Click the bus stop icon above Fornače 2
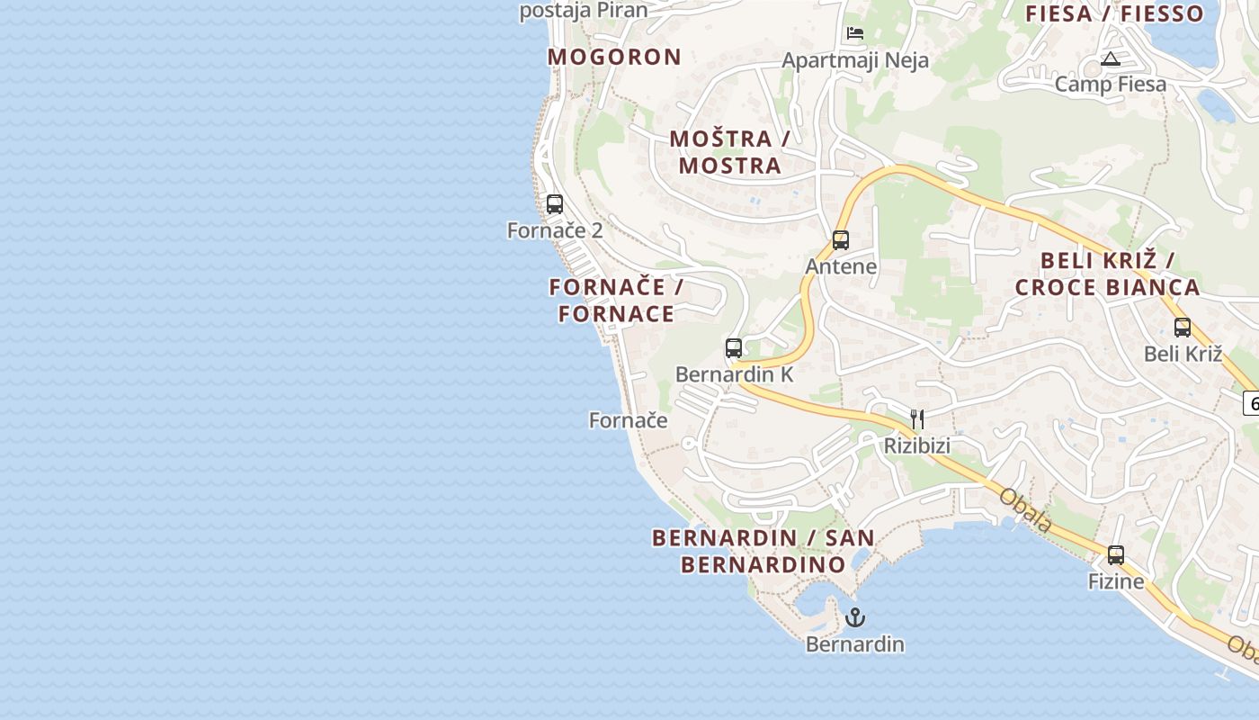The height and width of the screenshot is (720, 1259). pos(555,204)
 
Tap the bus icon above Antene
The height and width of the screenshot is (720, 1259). pos(841,240)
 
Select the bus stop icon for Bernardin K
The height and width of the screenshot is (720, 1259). pos(734,348)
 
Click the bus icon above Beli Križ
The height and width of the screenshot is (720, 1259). pos(1183,328)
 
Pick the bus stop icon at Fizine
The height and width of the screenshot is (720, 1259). pos(1116,555)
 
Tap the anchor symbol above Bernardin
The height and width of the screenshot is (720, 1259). pos(855,617)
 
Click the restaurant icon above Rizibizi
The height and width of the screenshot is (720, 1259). pos(917,419)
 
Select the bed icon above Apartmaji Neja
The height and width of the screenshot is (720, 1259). pos(855,33)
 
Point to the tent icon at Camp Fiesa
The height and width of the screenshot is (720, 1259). pos(1110,59)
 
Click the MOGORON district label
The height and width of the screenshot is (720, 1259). pos(614,57)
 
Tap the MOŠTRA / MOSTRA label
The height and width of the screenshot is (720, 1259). pos(729,152)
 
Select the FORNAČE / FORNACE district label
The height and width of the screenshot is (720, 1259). pos(616,301)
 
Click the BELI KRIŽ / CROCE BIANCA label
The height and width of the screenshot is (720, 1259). pos(1107,274)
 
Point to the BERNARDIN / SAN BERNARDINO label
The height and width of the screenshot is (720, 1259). pos(763,551)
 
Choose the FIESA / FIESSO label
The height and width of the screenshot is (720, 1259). pos(1114,13)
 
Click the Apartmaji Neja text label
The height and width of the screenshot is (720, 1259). pos(855,60)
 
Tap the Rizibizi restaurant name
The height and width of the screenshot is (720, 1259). pos(916,445)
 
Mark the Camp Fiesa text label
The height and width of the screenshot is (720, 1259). pos(1110,85)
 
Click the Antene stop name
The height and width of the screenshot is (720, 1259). pos(841,266)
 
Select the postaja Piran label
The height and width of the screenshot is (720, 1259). pos(584,11)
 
